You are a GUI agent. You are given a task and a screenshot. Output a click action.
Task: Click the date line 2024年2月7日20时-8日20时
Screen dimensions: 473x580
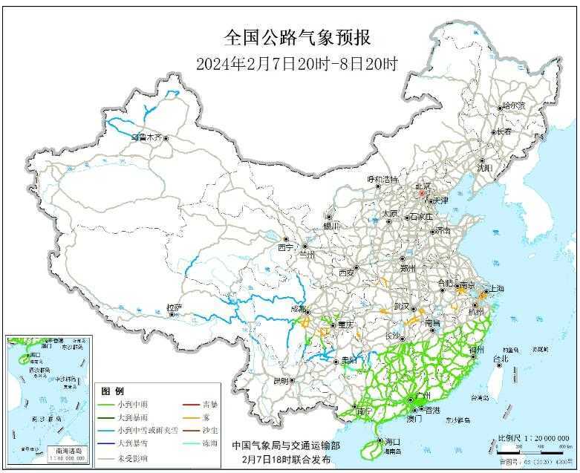point(297,64)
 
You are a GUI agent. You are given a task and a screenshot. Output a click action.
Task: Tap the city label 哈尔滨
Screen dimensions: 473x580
point(513,106)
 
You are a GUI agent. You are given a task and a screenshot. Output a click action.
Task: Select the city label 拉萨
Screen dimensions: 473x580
point(173,307)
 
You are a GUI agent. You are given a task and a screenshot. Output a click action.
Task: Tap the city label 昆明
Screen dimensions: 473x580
point(280,381)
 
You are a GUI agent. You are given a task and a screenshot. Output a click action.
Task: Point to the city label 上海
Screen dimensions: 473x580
point(495,288)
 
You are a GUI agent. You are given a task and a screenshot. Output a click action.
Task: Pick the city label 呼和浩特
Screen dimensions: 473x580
point(382,180)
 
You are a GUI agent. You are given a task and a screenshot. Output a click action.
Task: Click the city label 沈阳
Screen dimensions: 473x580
point(485,169)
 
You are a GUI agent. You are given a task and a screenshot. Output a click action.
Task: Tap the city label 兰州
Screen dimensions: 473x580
point(307,254)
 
